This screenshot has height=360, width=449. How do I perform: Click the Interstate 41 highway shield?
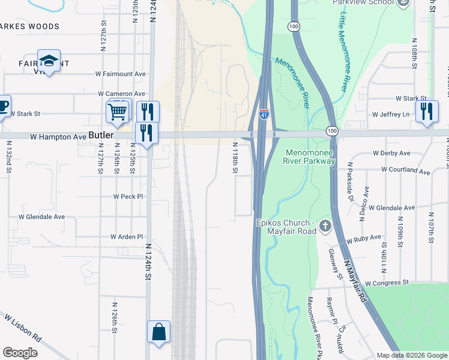264,113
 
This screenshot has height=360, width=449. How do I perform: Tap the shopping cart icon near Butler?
118,111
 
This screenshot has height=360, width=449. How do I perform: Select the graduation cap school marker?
49,61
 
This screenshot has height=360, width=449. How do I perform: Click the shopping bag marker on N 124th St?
158,332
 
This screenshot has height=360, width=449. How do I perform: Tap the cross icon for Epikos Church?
325,226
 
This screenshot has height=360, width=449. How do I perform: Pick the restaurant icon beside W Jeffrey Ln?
427,111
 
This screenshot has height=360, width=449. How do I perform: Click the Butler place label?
100,136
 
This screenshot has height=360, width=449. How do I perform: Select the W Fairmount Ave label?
121,74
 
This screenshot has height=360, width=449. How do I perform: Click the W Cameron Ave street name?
122,94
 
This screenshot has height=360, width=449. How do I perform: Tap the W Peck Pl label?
128,196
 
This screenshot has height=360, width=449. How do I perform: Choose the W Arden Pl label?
127,237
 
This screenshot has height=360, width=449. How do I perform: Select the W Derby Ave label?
391,153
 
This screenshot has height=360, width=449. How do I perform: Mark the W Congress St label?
386,282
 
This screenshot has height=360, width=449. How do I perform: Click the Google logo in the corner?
20,353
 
